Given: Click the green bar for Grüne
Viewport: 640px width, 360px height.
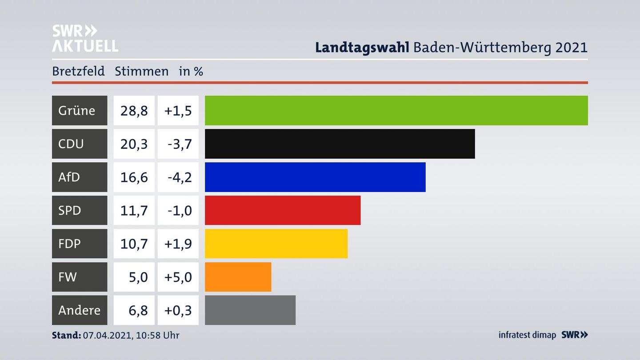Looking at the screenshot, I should pyautogui.click(x=396, y=110).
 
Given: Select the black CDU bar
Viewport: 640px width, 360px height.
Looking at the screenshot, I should pyautogui.click(x=340, y=144).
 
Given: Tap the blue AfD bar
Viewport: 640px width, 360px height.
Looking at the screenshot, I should pyautogui.click(x=315, y=177).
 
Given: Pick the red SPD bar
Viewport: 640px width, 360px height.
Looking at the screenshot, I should pyautogui.click(x=283, y=210).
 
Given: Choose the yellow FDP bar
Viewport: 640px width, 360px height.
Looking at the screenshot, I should pyautogui.click(x=276, y=244).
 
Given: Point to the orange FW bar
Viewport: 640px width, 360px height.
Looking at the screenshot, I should pyautogui.click(x=238, y=277).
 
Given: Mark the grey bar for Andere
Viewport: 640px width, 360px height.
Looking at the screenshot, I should pyautogui.click(x=250, y=310).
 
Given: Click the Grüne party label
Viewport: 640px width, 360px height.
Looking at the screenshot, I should pyautogui.click(x=76, y=110).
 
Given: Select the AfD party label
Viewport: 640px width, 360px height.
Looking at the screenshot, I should pyautogui.click(x=69, y=177).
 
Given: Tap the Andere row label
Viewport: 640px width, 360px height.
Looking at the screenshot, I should pyautogui.click(x=79, y=310).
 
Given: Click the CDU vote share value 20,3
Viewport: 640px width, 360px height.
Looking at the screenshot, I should pyautogui.click(x=134, y=144).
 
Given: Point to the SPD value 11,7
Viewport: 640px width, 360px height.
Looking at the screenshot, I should pyautogui.click(x=134, y=210).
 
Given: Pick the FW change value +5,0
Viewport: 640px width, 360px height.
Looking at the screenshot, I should pyautogui.click(x=178, y=277).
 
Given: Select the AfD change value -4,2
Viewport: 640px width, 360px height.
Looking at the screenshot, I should pyautogui.click(x=180, y=177).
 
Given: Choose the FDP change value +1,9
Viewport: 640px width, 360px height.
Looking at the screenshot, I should pyautogui.click(x=178, y=244).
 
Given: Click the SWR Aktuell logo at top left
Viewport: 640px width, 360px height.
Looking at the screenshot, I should pyautogui.click(x=85, y=38).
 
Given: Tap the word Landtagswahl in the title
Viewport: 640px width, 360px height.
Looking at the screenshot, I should pyautogui.click(x=362, y=47).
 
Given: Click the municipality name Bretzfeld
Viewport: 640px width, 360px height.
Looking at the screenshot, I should pyautogui.click(x=78, y=71).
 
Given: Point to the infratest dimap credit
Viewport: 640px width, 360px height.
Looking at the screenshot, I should pyautogui.click(x=527, y=335).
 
